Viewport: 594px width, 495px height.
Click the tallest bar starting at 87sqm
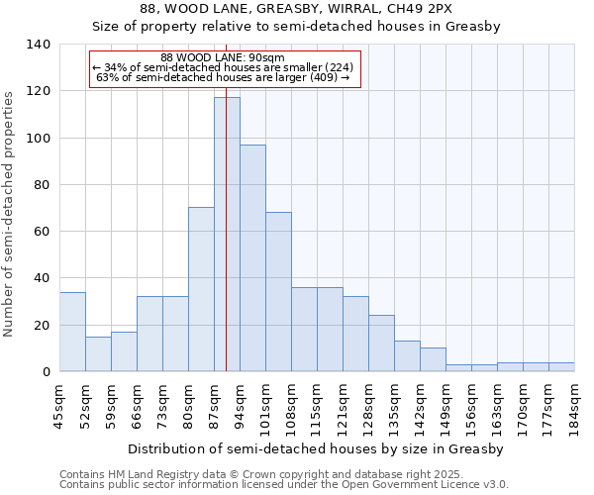point(227,234)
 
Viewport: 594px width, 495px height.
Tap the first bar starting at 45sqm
point(72,332)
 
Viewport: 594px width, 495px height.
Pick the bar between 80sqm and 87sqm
point(201,289)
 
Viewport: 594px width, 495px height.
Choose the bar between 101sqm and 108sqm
point(278,292)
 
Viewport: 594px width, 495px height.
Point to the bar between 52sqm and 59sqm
point(98,353)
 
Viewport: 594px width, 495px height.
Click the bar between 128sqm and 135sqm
point(381,343)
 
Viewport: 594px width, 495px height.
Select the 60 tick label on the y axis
point(43,232)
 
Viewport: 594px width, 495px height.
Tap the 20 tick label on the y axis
point(43,325)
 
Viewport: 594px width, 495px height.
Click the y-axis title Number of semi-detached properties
point(10,213)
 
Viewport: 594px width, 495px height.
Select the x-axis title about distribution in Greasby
point(317,448)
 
